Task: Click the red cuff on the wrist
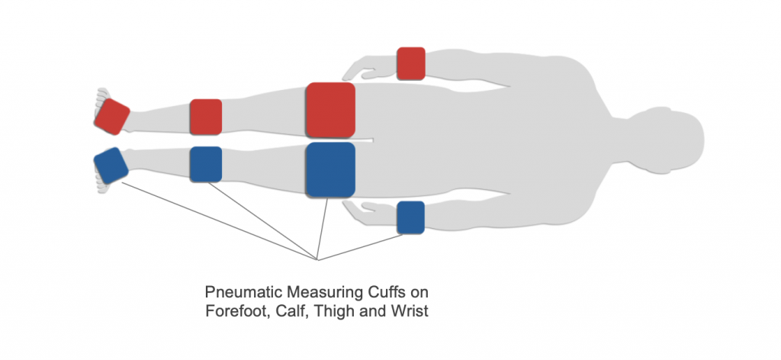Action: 411,63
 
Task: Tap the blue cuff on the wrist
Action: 410,217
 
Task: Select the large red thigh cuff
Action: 330,108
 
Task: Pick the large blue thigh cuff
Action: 330,169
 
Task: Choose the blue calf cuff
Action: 205,164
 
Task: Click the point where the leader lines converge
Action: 317,259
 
